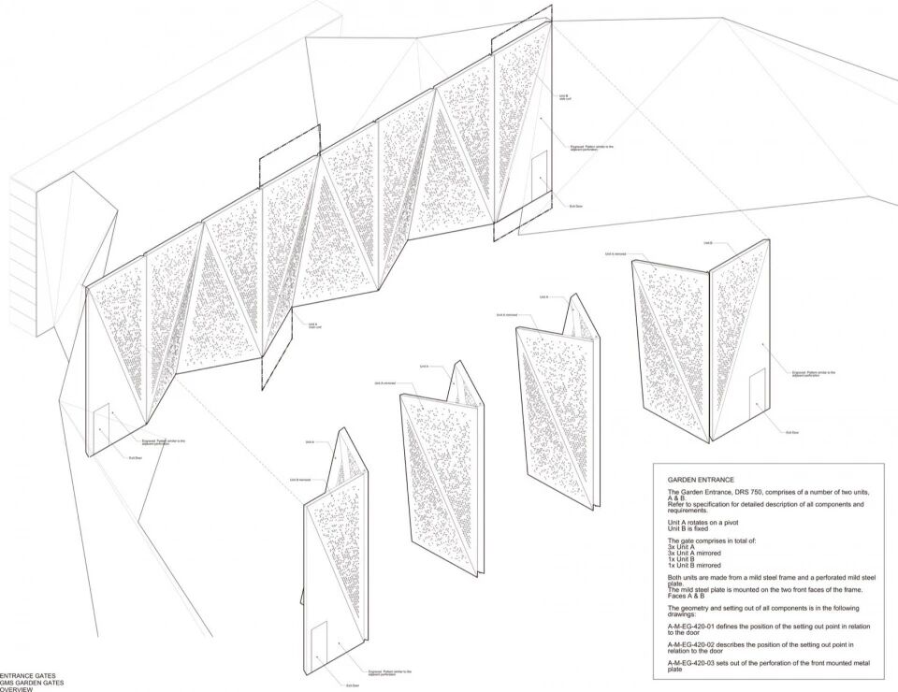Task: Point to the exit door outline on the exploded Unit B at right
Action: [x=757, y=391]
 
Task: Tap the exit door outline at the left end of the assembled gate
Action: [x=102, y=425]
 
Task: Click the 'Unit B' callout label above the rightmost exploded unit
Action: [x=705, y=243]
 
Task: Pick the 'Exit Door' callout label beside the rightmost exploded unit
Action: [x=791, y=432]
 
